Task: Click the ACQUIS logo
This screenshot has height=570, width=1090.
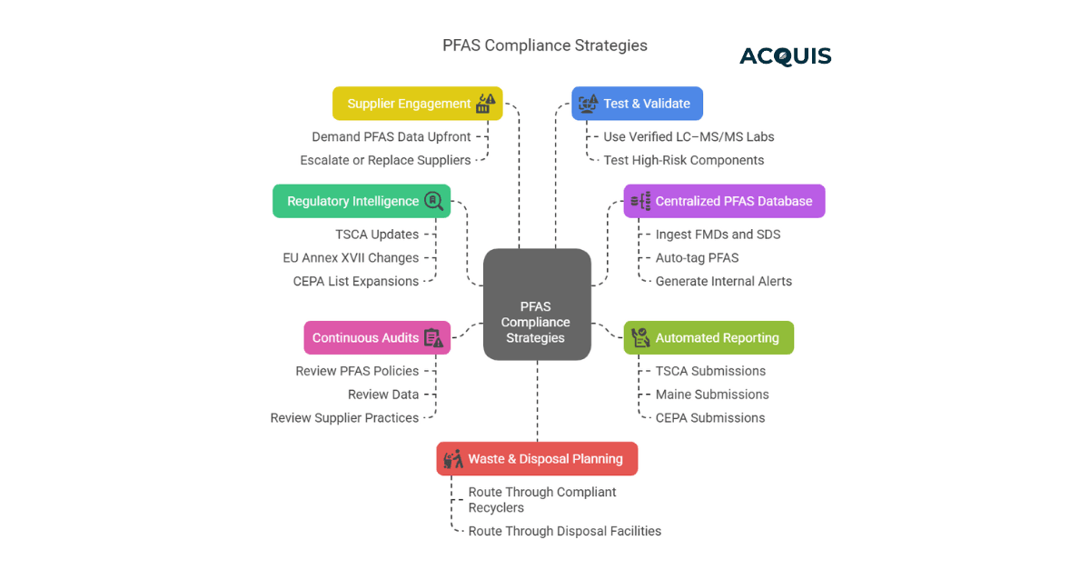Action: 785,56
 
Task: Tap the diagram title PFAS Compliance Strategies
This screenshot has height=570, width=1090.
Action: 544,45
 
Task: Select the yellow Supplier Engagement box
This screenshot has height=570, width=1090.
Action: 417,104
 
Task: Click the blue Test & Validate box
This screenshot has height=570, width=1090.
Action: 637,104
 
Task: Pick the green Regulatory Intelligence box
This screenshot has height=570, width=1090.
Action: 362,201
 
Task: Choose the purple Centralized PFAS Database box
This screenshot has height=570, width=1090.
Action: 724,201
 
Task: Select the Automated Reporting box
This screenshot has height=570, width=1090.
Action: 708,337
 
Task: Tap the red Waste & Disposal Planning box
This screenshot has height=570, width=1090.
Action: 537,458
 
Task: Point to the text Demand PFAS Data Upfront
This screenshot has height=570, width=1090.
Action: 391,136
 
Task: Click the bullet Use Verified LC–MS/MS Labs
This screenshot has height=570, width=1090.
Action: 689,136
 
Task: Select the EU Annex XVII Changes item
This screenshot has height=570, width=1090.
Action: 351,257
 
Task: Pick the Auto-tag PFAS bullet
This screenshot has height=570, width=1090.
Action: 697,257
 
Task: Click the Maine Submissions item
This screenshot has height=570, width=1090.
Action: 712,395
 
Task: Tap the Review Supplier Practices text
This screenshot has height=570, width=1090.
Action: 344,418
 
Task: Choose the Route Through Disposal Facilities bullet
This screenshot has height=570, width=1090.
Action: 564,531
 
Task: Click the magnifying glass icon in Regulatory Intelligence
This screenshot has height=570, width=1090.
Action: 434,201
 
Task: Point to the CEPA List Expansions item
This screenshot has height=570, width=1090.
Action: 356,281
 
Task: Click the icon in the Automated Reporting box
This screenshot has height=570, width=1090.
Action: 641,337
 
